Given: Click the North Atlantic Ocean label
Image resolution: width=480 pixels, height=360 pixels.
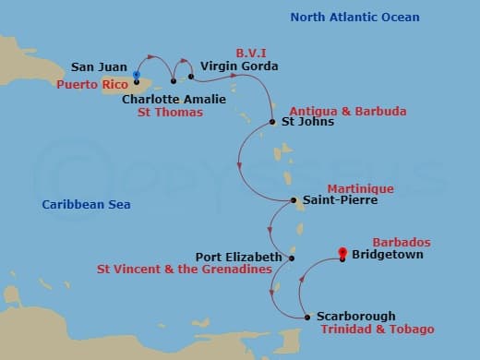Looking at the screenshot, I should (x=354, y=18).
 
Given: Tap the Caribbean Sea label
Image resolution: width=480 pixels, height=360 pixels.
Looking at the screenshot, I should (x=87, y=204).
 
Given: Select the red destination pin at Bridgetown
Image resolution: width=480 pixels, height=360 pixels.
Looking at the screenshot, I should (x=342, y=253).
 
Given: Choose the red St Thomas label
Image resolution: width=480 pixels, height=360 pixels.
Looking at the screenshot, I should (x=170, y=113).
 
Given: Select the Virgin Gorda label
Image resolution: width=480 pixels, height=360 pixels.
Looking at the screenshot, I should (x=239, y=67).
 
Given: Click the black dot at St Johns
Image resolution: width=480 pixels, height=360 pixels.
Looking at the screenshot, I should (x=272, y=122).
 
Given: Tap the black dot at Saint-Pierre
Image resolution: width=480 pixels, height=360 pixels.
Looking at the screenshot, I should (x=293, y=200).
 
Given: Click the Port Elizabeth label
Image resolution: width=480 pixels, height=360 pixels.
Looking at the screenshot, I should (x=238, y=258).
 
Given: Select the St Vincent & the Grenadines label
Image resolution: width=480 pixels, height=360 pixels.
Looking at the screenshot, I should (x=184, y=270).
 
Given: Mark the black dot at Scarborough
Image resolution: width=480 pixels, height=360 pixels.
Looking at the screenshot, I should (x=307, y=317).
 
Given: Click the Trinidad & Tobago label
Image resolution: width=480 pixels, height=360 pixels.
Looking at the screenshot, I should (x=377, y=330).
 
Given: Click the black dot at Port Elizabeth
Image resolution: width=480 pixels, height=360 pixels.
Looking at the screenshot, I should (x=292, y=258).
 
